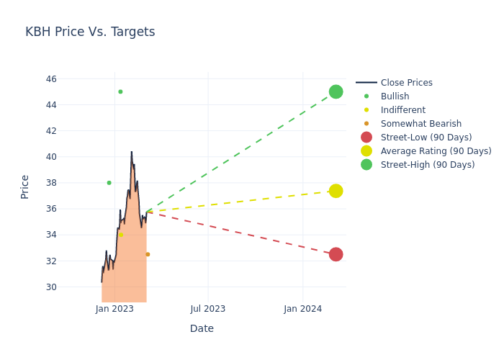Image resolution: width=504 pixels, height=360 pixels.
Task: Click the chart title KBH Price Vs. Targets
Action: coord(90,32)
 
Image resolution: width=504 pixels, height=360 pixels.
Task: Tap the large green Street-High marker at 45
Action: coord(336,91)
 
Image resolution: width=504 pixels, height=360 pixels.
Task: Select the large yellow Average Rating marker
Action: coord(336,191)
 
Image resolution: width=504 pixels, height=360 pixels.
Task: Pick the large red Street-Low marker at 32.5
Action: coord(336,254)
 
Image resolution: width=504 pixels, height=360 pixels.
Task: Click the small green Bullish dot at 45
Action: coord(120,91)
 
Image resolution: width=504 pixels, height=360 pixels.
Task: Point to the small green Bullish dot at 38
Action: coord(109,183)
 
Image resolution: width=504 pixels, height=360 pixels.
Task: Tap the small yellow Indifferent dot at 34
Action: coord(121,235)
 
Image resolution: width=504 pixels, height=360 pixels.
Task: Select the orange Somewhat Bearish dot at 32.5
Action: coord(148,254)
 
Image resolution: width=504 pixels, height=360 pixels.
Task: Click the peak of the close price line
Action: coord(132,152)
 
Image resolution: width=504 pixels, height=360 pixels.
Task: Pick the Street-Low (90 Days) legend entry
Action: coord(426,138)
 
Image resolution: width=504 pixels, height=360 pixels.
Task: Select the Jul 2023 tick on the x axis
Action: coord(208,309)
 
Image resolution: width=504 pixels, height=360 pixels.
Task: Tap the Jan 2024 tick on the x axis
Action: coord(303,309)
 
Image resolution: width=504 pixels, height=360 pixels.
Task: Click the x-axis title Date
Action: coord(202,328)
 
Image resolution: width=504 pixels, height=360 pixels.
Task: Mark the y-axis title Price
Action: coord(25,186)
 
